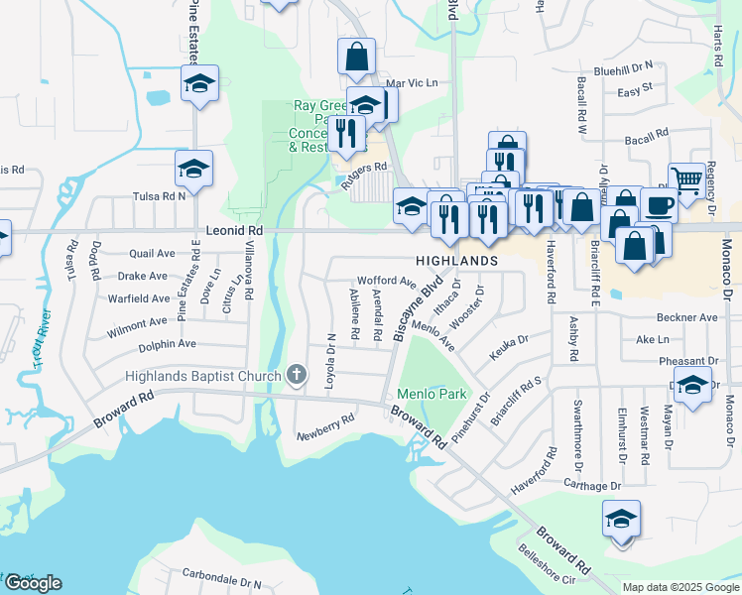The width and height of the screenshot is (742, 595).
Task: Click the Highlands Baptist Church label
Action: (202, 375)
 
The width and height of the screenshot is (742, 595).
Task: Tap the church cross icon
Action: (295, 375)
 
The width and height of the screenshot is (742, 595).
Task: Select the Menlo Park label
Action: (432, 394)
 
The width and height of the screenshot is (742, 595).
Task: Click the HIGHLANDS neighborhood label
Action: (456, 260)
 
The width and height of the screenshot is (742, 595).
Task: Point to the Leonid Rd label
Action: (234, 230)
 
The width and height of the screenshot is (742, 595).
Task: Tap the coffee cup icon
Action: (660, 205)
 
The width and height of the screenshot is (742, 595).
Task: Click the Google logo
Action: (33, 583)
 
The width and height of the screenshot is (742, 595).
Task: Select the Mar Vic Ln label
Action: (412, 83)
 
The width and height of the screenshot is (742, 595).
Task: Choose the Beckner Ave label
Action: (687, 317)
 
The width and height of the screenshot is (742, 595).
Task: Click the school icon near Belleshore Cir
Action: (621, 519)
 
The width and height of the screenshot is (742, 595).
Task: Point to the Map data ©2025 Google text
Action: (679, 587)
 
